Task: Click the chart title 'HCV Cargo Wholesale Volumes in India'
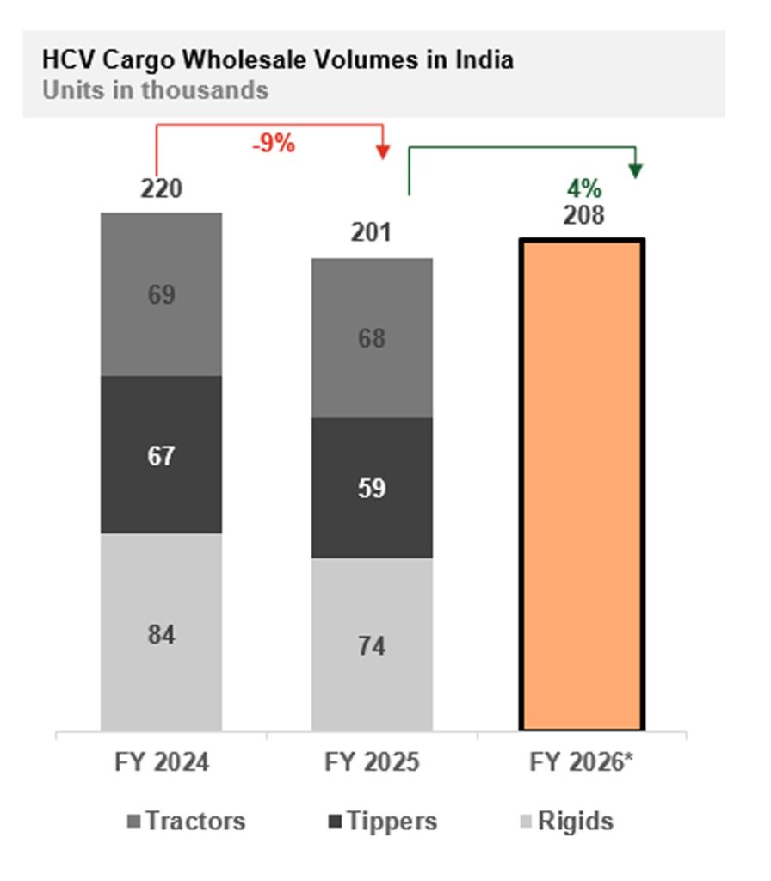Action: [x=277, y=60]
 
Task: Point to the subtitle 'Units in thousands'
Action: [x=155, y=89]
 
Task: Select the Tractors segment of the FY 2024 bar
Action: [x=161, y=294]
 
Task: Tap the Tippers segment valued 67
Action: [x=161, y=455]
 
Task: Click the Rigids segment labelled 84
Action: [x=161, y=634]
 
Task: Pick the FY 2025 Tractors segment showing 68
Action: [x=372, y=338]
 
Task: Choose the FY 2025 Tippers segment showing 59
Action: [x=372, y=488]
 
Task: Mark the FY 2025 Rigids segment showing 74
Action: [x=372, y=645]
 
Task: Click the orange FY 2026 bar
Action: [x=582, y=485]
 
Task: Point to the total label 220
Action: [x=161, y=188]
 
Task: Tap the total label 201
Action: [x=371, y=232]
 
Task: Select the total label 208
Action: [x=583, y=215]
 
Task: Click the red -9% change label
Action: [x=274, y=145]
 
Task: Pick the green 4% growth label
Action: [x=583, y=188]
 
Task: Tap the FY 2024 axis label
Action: [x=161, y=763]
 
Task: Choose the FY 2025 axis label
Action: [x=372, y=763]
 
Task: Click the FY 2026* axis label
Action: [x=583, y=763]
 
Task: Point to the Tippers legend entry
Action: [x=383, y=821]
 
